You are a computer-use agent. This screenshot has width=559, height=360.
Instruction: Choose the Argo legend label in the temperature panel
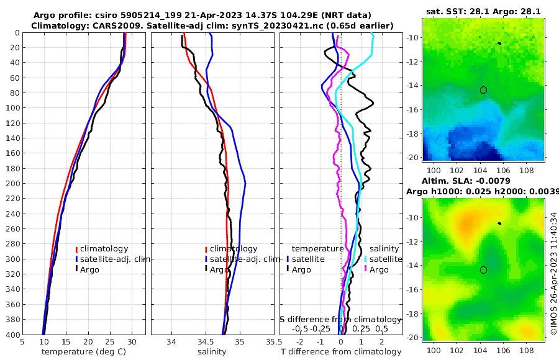coord(89,269)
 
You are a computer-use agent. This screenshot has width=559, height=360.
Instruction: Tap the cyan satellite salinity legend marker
coord(366,259)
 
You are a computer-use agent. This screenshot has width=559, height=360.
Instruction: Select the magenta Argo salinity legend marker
coord(366,269)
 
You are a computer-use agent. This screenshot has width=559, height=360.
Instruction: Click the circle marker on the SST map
coord(483,90)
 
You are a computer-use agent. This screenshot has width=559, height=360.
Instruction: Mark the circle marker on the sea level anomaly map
coord(483,270)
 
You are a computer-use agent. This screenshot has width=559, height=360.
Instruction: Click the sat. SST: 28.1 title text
coord(455,11)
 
